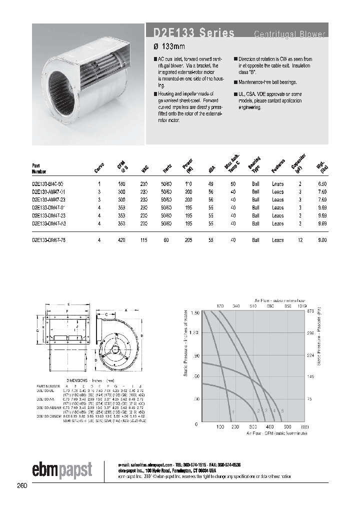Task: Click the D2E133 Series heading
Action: (190, 33)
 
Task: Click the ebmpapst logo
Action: (62, 469)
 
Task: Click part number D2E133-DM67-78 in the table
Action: (49, 240)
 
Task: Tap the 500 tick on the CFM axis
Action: (287, 427)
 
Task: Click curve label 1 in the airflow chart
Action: (232, 411)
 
